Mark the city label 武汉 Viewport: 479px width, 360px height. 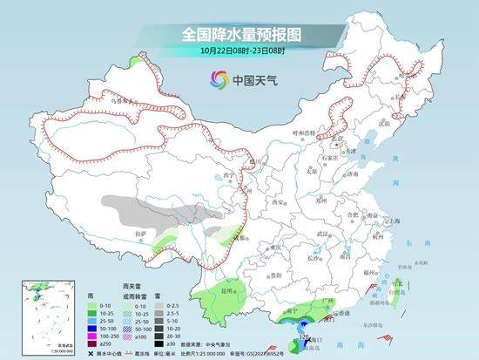click(324, 233)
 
